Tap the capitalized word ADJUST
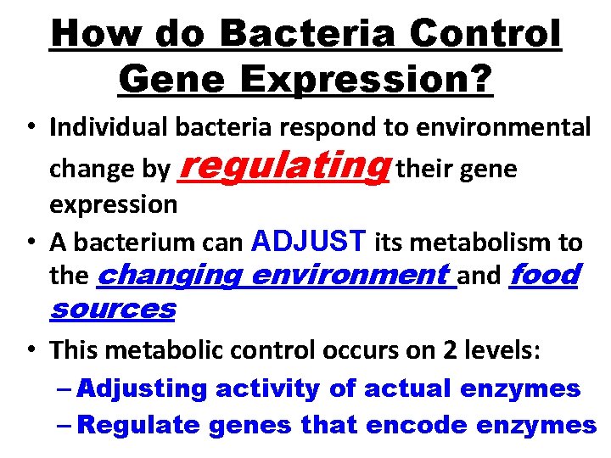click(309, 243)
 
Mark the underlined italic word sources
click(112, 309)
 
